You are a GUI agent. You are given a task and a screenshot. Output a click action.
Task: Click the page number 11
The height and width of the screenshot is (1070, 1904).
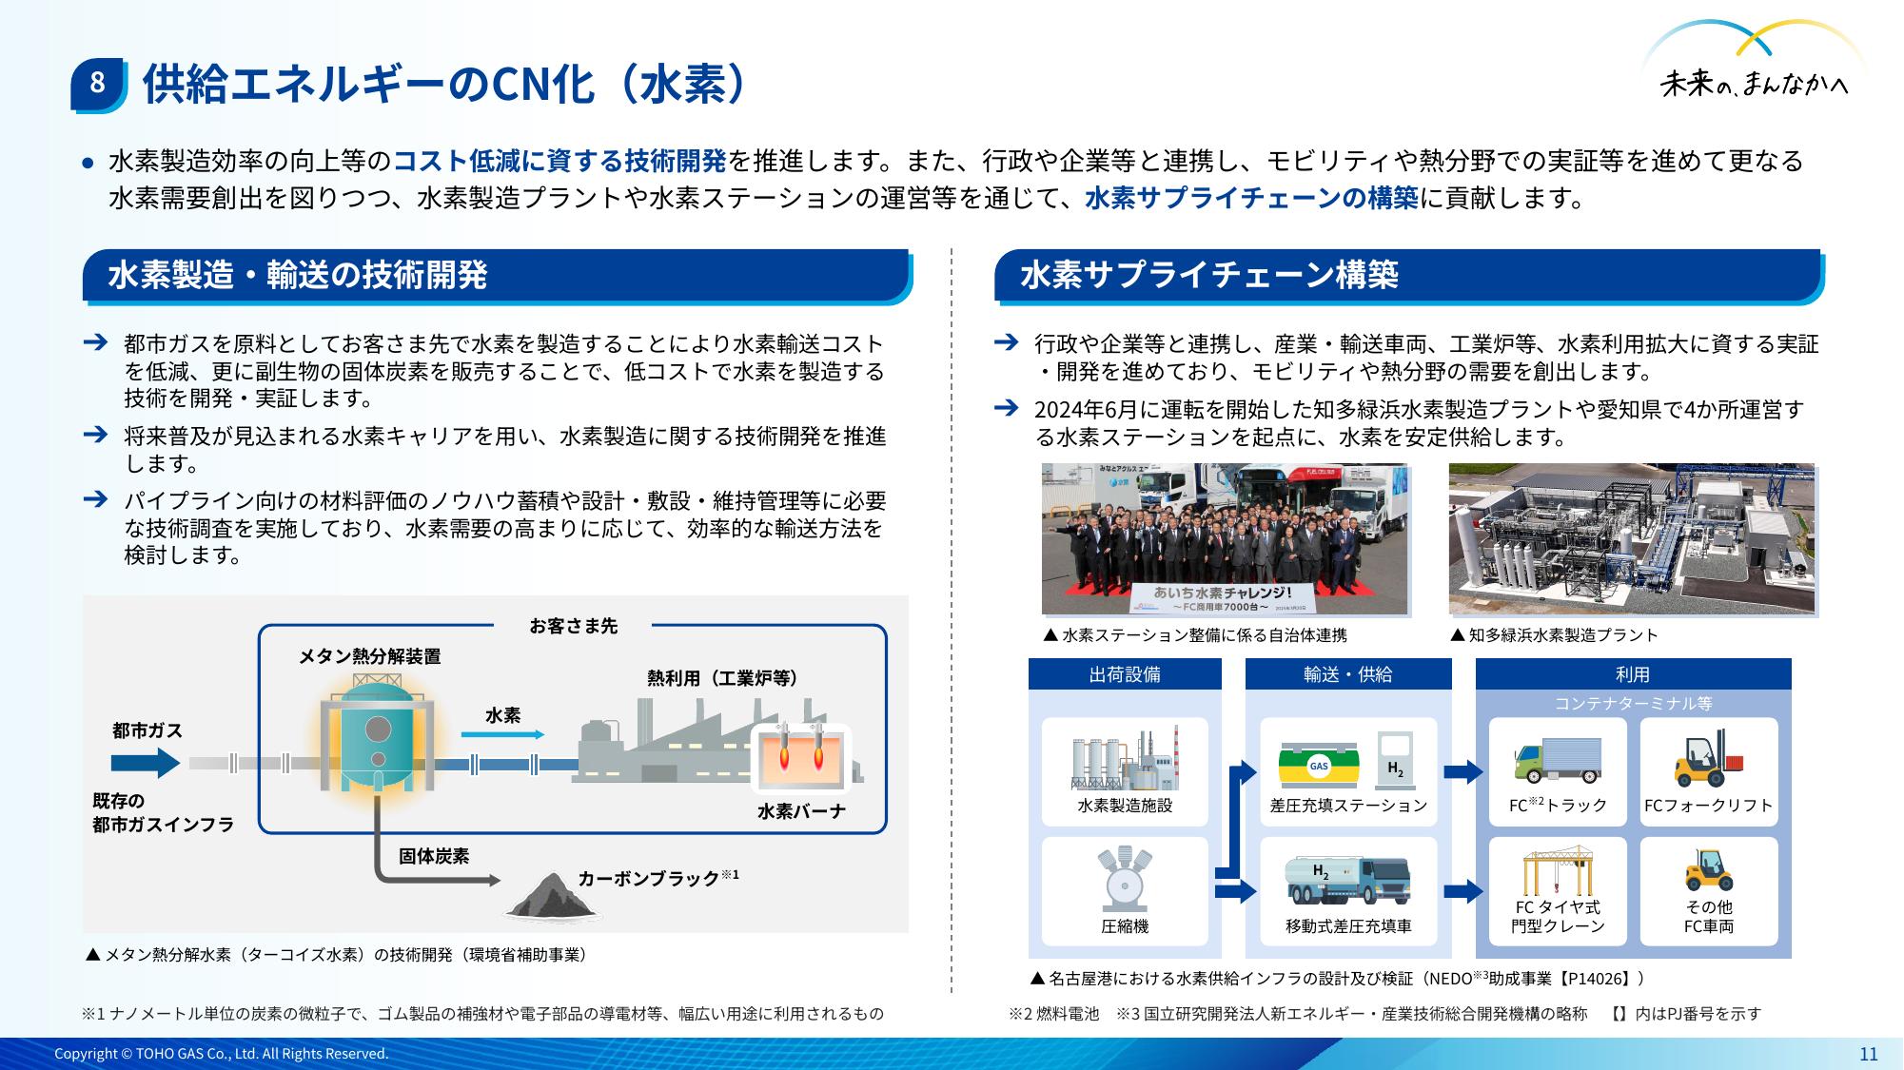tap(1869, 1053)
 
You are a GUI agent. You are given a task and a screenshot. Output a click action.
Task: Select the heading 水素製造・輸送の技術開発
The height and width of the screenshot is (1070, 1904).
tap(298, 275)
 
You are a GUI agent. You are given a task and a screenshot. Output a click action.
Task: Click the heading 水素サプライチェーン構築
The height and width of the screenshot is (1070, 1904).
tap(1209, 275)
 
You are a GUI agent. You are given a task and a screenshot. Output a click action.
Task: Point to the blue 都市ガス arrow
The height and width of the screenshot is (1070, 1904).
tap(146, 763)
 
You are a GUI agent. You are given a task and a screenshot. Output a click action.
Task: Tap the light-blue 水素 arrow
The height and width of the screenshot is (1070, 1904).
tap(503, 734)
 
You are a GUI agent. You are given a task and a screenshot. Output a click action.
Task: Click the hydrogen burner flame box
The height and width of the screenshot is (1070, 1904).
tap(800, 758)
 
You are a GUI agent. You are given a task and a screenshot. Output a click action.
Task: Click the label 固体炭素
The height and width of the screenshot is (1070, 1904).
tap(434, 856)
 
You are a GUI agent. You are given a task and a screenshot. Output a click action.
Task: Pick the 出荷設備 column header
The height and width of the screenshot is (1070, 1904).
tap(1125, 674)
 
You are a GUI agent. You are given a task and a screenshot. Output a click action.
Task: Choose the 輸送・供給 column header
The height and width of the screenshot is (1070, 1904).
tap(1348, 674)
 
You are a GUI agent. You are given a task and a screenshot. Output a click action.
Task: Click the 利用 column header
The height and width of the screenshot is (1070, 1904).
tap(1633, 674)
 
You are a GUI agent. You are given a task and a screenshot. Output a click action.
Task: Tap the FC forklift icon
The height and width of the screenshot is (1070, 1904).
tap(1708, 760)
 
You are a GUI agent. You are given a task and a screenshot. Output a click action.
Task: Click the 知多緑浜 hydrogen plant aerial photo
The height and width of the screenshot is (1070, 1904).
tap(1632, 539)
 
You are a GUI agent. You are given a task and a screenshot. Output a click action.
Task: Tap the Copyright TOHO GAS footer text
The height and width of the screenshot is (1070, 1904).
tap(222, 1054)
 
